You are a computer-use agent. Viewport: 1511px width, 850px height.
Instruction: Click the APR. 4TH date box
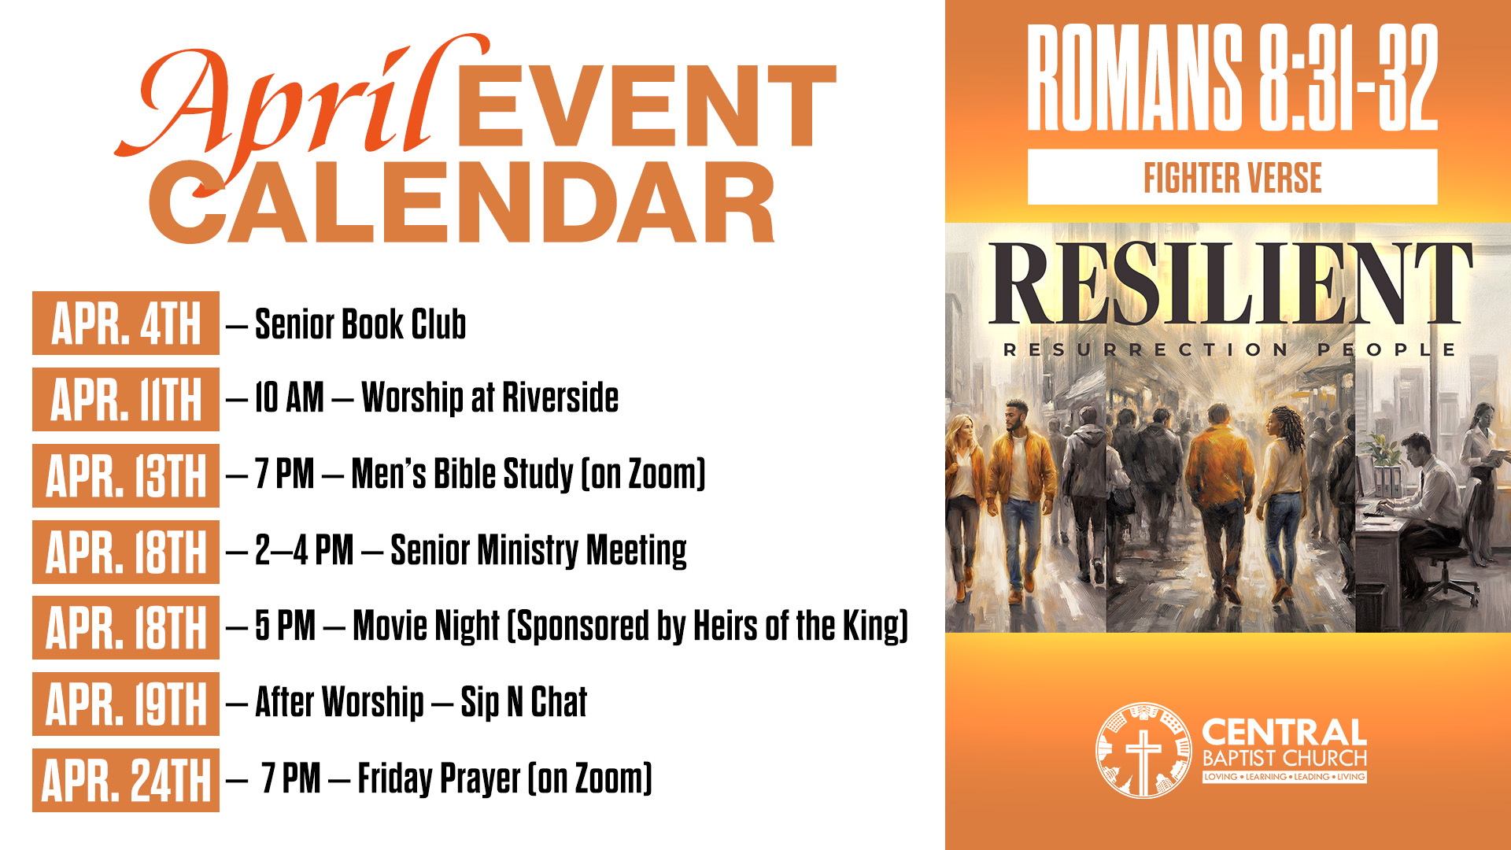(x=126, y=323)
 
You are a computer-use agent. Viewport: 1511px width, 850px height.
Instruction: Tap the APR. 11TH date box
(x=126, y=399)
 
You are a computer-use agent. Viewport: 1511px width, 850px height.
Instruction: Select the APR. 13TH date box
(x=126, y=475)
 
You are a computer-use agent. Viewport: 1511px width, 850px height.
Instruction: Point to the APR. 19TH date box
(x=126, y=704)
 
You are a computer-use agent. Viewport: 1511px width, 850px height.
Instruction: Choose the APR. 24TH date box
(x=126, y=780)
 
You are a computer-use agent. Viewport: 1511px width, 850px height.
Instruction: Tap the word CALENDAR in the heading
(x=462, y=202)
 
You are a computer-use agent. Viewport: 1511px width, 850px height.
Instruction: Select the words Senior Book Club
(x=360, y=324)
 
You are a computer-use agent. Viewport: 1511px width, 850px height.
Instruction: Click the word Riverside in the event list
(x=560, y=397)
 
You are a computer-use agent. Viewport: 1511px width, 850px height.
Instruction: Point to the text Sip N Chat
(x=524, y=702)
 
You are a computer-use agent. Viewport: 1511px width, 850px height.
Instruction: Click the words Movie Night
(x=426, y=626)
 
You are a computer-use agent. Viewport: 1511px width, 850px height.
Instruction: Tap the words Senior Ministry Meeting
(x=538, y=550)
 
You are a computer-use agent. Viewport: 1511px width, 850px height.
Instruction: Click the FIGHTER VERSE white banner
(x=1232, y=177)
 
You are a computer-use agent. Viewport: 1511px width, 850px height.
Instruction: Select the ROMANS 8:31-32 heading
(x=1232, y=77)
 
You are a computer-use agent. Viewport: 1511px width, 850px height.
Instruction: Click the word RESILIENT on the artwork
(x=1230, y=283)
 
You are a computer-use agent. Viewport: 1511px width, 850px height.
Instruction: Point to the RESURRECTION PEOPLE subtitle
(x=1229, y=349)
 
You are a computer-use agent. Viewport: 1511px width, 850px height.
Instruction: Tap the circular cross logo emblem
(x=1143, y=750)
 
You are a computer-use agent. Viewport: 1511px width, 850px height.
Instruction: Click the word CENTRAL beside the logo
(x=1284, y=733)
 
